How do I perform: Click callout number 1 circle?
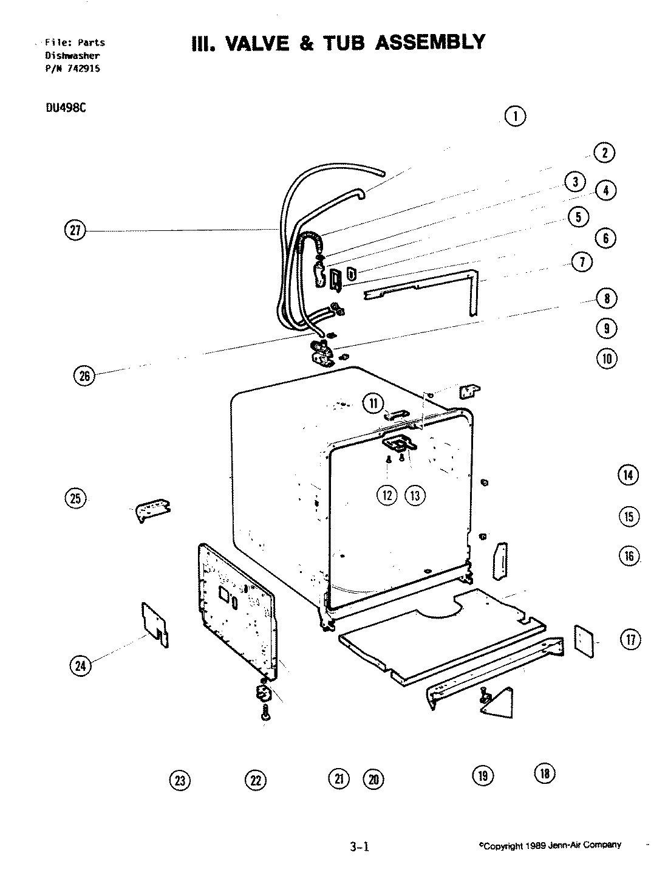point(515,116)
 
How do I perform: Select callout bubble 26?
point(84,376)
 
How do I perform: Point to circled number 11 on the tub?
point(373,402)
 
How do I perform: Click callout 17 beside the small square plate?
point(630,639)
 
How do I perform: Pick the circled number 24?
point(80,666)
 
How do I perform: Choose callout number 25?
point(75,498)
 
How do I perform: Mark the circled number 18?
point(544,773)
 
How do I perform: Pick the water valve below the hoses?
point(321,354)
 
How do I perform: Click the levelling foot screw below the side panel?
point(265,715)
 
